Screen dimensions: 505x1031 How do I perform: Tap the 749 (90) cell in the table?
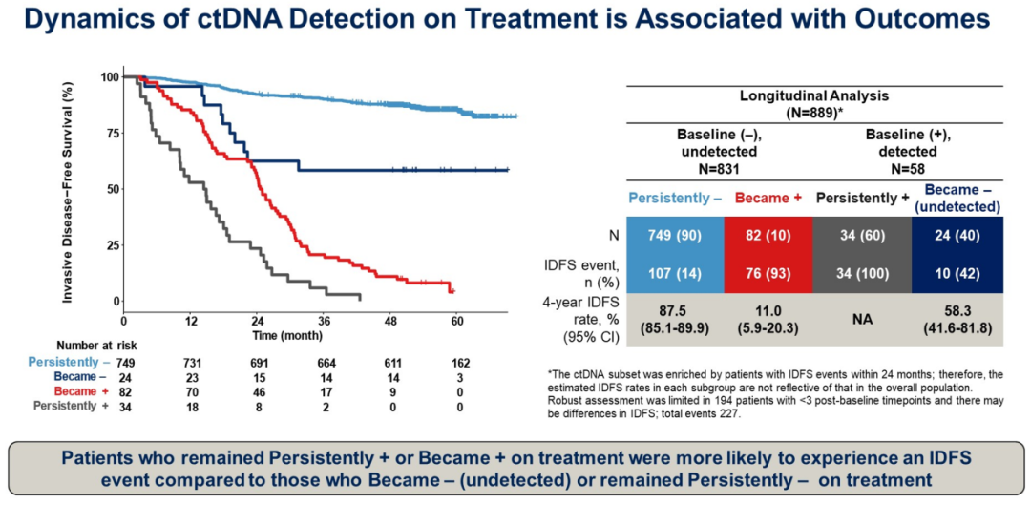[674, 236]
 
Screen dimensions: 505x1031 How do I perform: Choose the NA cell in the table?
[862, 318]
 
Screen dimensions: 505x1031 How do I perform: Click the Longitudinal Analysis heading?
[814, 96]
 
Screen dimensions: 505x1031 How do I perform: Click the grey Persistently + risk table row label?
[69, 405]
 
